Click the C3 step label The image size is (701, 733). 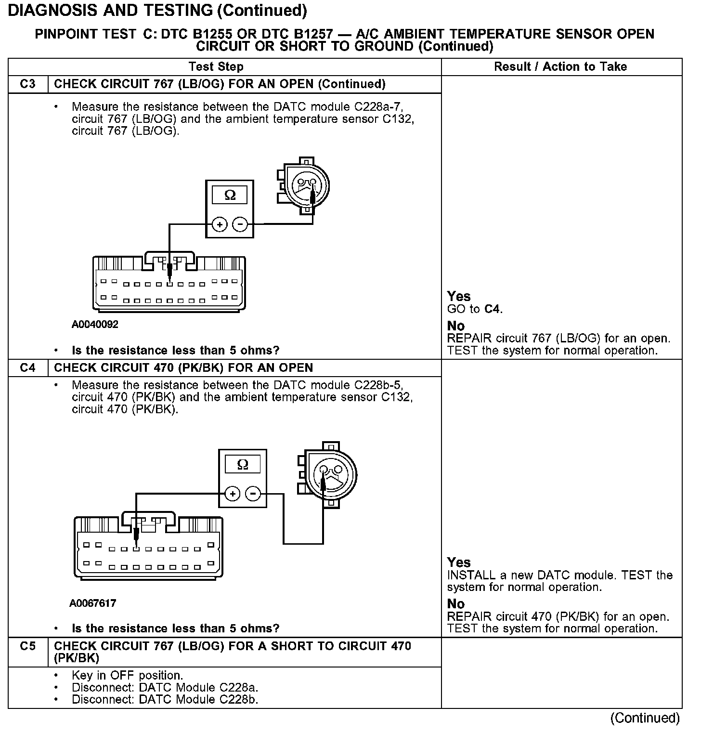[28, 84]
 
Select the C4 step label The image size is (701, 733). [28, 367]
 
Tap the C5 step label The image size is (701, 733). [28, 646]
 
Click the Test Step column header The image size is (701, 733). [216, 66]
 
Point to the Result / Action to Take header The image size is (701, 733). [560, 66]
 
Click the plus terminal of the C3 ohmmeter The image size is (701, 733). [220, 224]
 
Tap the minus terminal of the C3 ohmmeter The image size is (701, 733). [240, 224]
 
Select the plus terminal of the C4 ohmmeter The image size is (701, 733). [233, 494]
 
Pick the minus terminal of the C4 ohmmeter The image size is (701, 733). [253, 494]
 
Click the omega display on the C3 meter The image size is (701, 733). [230, 195]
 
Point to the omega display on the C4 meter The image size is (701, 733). [243, 464]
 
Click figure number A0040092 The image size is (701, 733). [95, 324]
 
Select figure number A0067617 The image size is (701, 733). [93, 603]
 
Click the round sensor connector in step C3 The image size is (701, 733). [306, 185]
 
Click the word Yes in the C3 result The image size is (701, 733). [458, 296]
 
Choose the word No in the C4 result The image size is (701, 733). [455, 603]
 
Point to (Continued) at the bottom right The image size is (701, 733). [645, 718]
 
